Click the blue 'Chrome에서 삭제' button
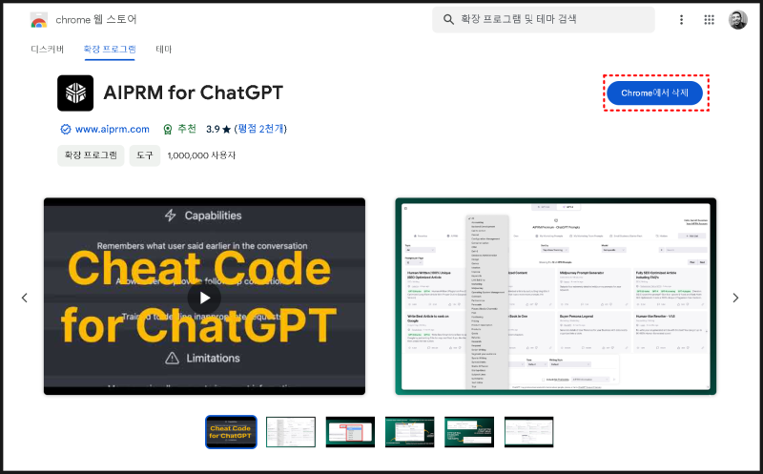pyautogui.click(x=654, y=93)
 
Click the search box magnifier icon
pyautogui.click(x=447, y=19)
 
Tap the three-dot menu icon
pyautogui.click(x=681, y=19)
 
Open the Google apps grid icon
pyautogui.click(x=710, y=19)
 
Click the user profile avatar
pyautogui.click(x=738, y=19)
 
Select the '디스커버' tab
pyautogui.click(x=47, y=49)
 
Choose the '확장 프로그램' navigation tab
pyautogui.click(x=110, y=49)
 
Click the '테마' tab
pyautogui.click(x=164, y=49)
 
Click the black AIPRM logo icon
pyautogui.click(x=75, y=93)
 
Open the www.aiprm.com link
pyautogui.click(x=112, y=129)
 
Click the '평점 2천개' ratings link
pyautogui.click(x=261, y=129)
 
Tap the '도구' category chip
pyautogui.click(x=144, y=155)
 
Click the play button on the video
pyautogui.click(x=204, y=297)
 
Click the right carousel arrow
pyautogui.click(x=736, y=298)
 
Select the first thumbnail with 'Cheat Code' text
pyautogui.click(x=231, y=432)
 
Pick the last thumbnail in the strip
pyautogui.click(x=528, y=432)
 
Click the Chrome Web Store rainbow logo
pyautogui.click(x=39, y=20)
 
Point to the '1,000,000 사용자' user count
pyautogui.click(x=201, y=155)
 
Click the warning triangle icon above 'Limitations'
pyautogui.click(x=171, y=358)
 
